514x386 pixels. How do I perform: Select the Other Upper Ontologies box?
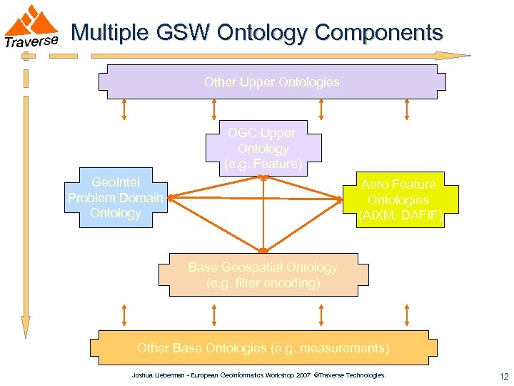click(271, 82)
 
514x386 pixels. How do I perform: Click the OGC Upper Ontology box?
click(263, 148)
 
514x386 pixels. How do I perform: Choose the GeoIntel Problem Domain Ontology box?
click(115, 198)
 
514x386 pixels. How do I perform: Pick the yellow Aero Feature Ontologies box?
click(394, 200)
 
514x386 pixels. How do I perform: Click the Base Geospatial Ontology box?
click(263, 275)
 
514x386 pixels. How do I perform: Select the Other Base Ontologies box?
click(263, 348)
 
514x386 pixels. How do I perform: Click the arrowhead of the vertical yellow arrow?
click(26, 327)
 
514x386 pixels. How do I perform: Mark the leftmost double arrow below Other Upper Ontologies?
click(124, 109)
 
